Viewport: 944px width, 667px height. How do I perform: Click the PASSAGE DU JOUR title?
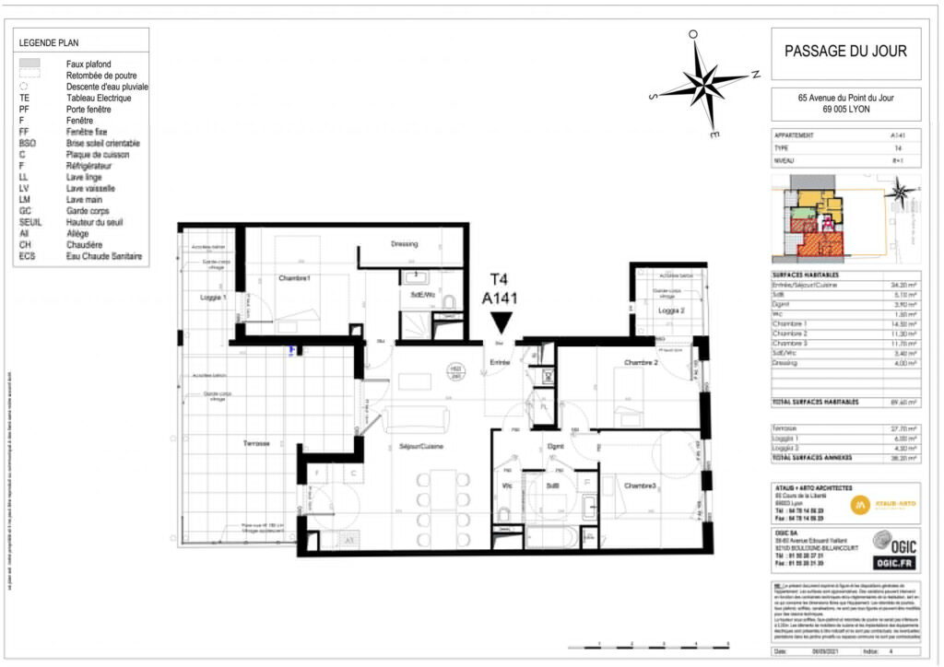click(x=844, y=51)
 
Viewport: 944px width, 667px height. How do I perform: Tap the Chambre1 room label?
click(x=295, y=278)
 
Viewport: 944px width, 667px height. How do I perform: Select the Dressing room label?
click(x=405, y=244)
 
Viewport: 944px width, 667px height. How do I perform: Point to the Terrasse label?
click(x=256, y=443)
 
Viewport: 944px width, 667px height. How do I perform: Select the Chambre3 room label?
click(x=640, y=486)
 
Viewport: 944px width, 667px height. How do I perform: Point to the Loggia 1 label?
click(x=213, y=297)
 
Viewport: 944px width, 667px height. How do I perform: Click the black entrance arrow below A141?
click(x=501, y=322)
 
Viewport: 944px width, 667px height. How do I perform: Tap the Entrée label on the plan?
click(x=500, y=363)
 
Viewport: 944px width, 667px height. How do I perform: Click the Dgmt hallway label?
click(x=555, y=446)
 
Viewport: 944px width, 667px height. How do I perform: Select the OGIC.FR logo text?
click(x=895, y=562)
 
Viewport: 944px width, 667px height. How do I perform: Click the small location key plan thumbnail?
click(x=844, y=219)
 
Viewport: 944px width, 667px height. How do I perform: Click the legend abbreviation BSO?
click(x=28, y=144)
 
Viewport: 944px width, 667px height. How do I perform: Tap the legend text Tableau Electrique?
click(x=99, y=98)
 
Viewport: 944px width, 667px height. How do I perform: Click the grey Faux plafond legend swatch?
click(x=30, y=64)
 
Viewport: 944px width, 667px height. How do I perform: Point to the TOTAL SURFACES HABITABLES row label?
click(x=816, y=403)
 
